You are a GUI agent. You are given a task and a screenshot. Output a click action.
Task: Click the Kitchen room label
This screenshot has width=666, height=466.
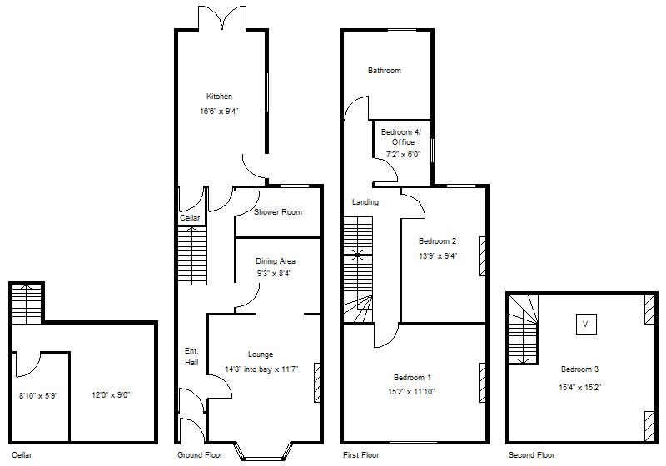[220, 97]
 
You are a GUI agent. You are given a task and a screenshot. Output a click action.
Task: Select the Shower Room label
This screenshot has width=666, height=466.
[278, 212]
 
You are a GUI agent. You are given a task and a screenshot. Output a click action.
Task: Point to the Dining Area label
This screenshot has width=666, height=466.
[276, 261]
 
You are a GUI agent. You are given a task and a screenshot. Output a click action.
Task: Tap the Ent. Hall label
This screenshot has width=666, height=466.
[191, 357]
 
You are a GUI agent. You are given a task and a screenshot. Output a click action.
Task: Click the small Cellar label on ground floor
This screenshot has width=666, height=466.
[190, 218]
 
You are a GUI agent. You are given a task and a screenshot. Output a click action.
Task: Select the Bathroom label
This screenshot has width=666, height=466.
[385, 71]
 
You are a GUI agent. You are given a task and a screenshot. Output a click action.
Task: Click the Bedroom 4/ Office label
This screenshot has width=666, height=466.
[401, 137]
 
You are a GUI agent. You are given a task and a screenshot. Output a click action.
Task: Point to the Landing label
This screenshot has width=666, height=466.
[365, 202]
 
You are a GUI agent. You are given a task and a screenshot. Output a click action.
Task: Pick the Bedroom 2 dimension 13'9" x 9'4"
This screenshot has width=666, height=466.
[437, 256]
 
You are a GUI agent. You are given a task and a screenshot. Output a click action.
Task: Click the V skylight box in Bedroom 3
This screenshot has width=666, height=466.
[585, 324]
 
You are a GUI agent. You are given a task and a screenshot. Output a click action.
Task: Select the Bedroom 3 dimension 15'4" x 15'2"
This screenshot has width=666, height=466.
[579, 387]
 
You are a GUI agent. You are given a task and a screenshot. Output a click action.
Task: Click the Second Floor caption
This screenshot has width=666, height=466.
[531, 455]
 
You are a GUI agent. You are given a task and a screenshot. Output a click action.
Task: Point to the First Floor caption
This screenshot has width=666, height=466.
[360, 455]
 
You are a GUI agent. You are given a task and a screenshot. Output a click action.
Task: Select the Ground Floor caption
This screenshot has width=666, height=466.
[200, 455]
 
